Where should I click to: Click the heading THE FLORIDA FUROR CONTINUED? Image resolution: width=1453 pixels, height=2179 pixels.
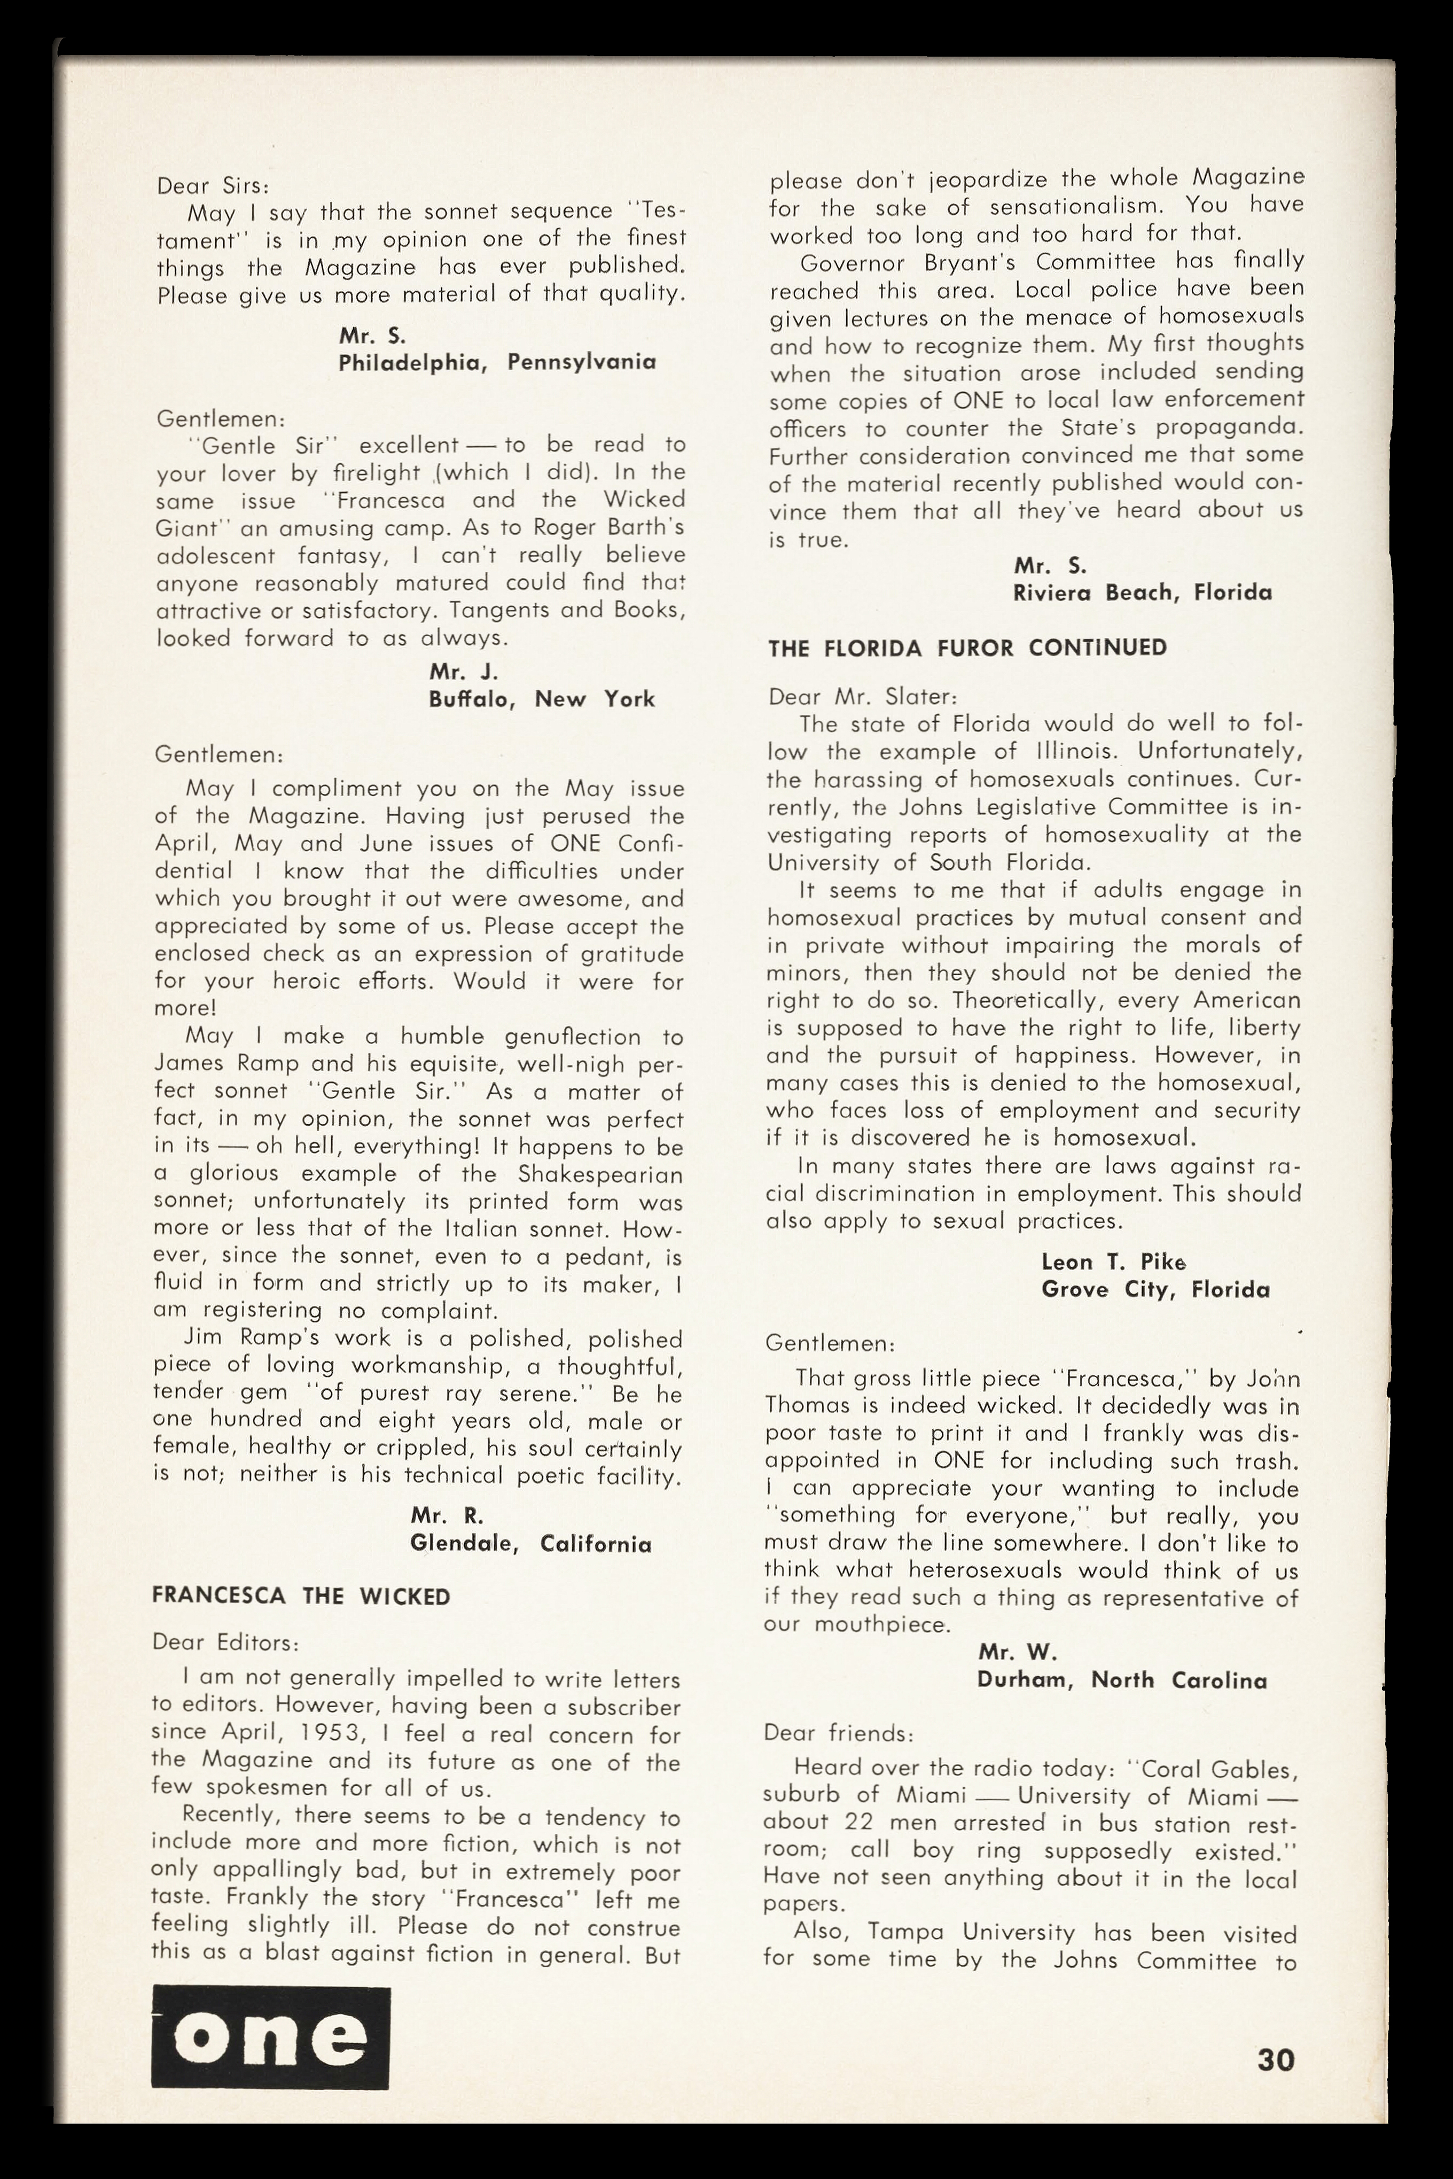click(967, 647)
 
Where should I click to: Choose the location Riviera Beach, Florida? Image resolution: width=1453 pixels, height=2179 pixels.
click(1142, 592)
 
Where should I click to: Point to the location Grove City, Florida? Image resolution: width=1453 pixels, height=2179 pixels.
click(1154, 1289)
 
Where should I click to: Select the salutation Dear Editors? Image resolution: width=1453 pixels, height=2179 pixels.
click(224, 1643)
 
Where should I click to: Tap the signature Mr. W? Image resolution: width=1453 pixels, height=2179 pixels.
click(1018, 1652)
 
